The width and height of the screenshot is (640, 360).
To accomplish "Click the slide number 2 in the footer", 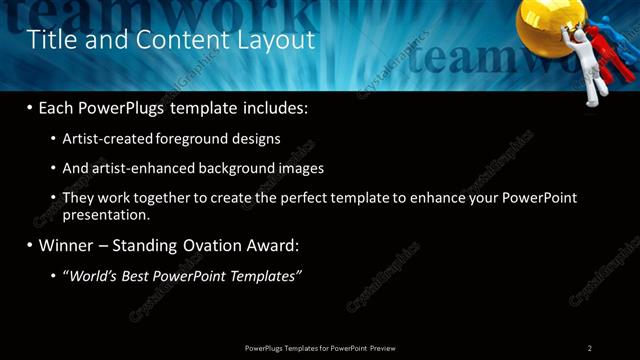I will (589, 348).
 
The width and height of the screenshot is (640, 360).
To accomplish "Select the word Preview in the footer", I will (390, 348).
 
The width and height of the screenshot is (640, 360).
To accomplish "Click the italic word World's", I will (91, 275).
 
